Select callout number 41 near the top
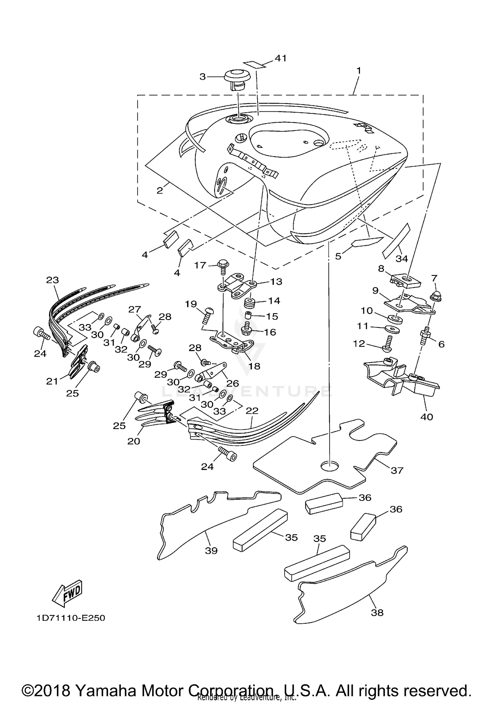(280, 58)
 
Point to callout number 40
(426, 417)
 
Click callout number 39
(211, 550)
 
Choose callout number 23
(52, 280)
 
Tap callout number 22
(252, 411)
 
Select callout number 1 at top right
(359, 70)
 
